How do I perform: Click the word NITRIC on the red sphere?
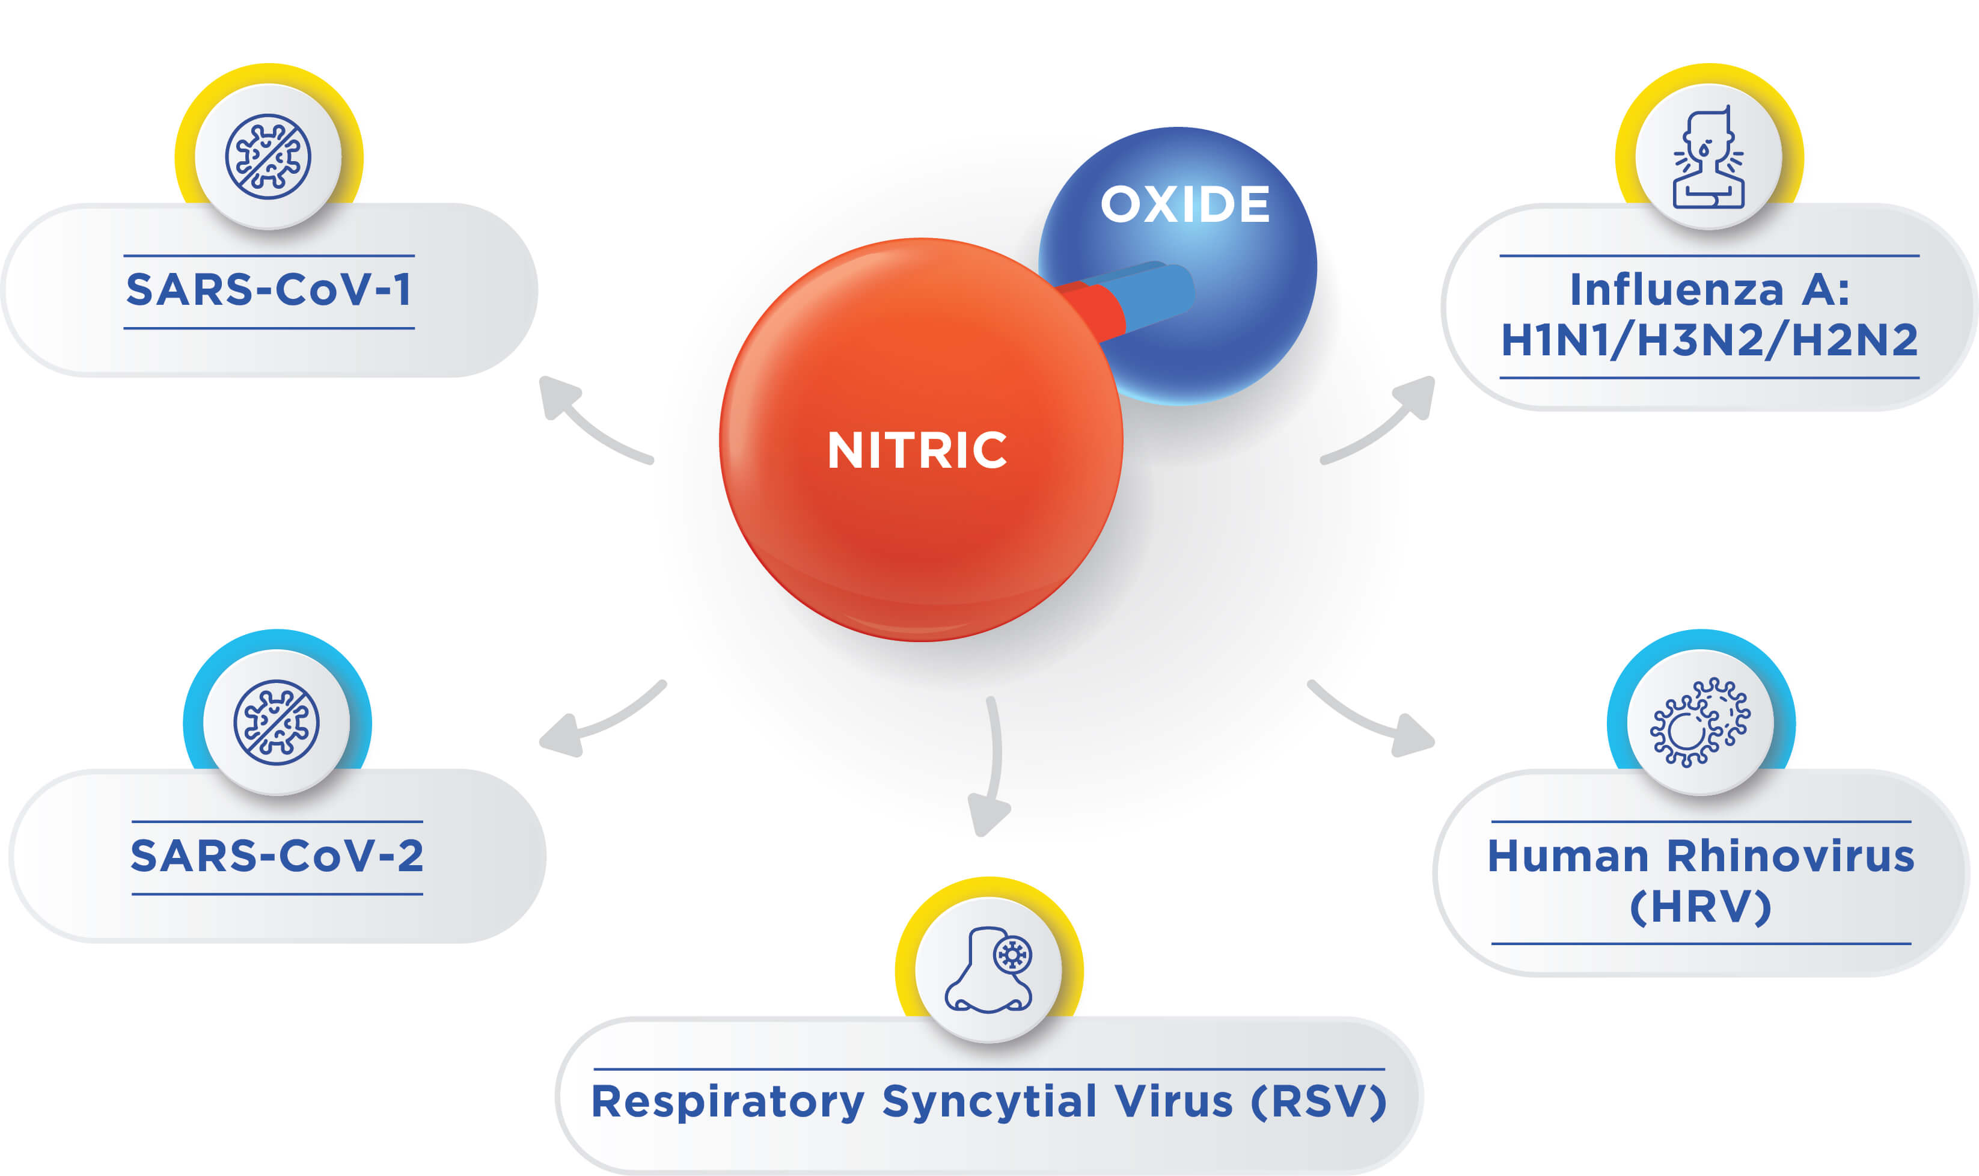(x=917, y=450)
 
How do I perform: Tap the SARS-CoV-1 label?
(x=269, y=289)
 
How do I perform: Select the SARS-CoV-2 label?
(x=277, y=856)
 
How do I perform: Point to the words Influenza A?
(x=1709, y=289)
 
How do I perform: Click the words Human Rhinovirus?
(x=1701, y=856)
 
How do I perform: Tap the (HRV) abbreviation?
(x=1701, y=907)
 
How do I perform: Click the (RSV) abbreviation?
(x=1319, y=1101)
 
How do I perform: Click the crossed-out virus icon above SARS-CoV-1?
(x=268, y=156)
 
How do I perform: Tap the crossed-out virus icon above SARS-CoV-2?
(x=277, y=722)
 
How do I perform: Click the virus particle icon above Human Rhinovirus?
(x=1700, y=722)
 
